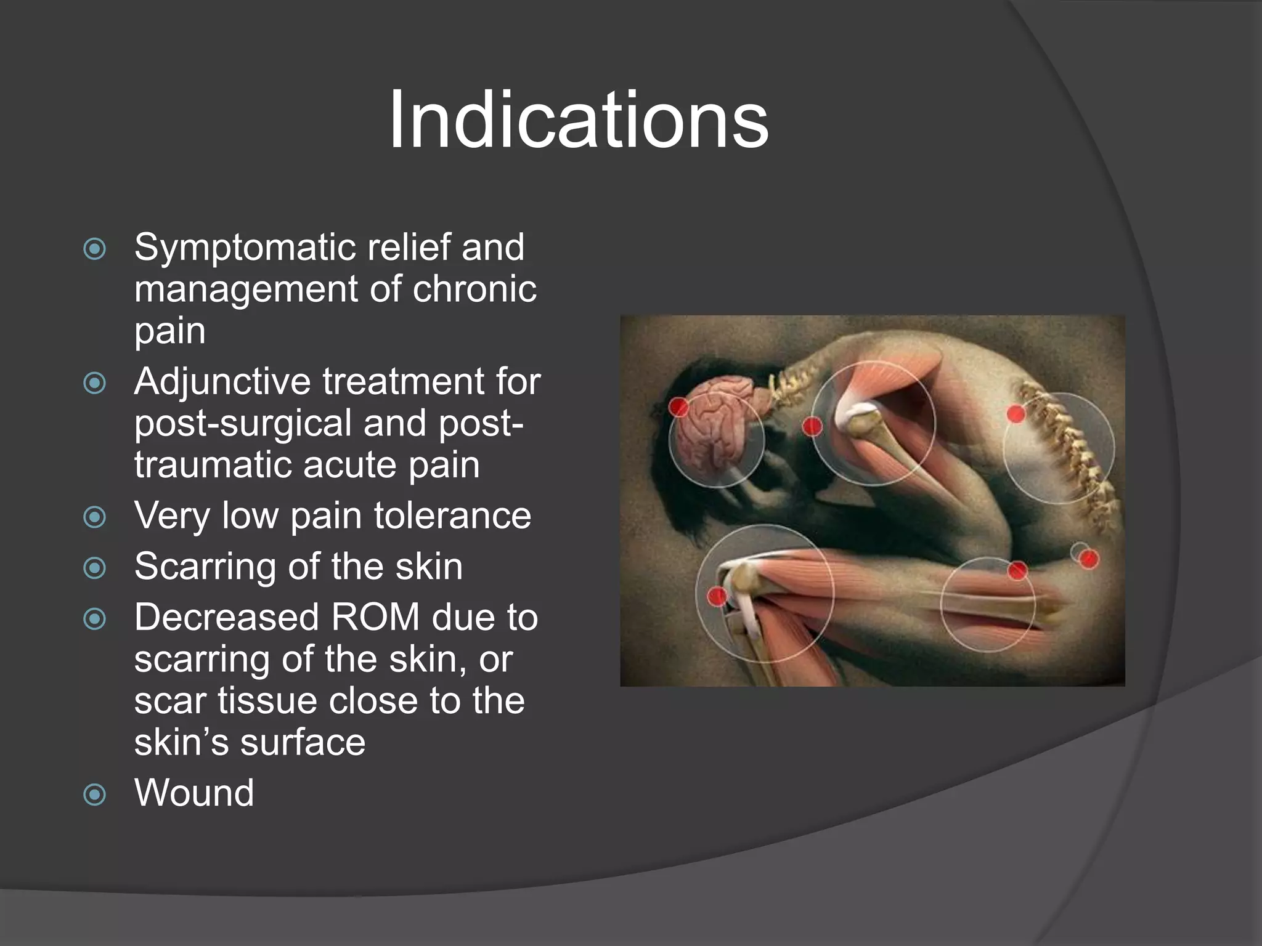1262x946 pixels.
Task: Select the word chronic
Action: pyautogui.click(x=474, y=289)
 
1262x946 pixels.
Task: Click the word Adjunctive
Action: pyautogui.click(x=222, y=382)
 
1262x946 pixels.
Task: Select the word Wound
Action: pyautogui.click(x=194, y=793)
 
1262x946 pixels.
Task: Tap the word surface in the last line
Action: pyautogui.click(x=303, y=742)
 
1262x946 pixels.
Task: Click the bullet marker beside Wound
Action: pyautogui.click(x=95, y=794)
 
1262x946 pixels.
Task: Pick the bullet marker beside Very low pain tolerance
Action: pyautogui.click(x=95, y=517)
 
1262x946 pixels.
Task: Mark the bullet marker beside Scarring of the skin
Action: pyautogui.click(x=95, y=568)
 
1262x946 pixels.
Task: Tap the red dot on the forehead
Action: pyautogui.click(x=678, y=406)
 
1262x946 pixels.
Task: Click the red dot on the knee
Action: pyautogui.click(x=717, y=596)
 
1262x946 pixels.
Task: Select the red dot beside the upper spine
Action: pyautogui.click(x=1016, y=413)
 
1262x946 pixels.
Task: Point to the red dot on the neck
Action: pyautogui.click(x=812, y=426)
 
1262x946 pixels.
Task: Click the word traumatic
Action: pyautogui.click(x=213, y=466)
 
